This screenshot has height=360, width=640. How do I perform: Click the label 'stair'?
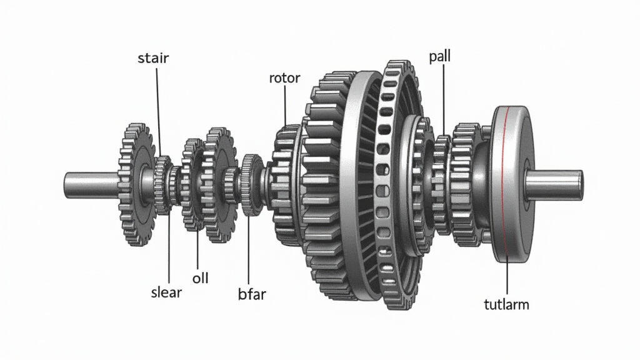[153, 58]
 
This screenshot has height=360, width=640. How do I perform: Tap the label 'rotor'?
[284, 77]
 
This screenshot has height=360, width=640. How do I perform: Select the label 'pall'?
[439, 56]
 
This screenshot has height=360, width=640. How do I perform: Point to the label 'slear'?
[166, 292]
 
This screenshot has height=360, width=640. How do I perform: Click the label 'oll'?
[201, 278]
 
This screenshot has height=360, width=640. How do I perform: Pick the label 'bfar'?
[252, 294]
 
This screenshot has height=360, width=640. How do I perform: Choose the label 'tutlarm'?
[506, 304]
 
